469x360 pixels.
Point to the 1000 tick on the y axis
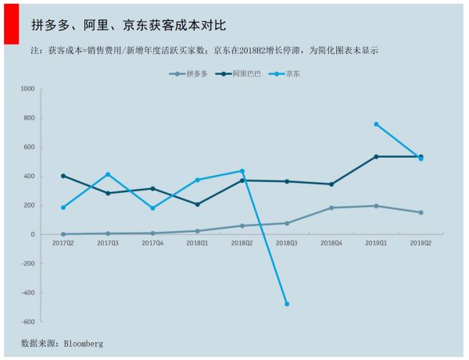(x=27, y=89)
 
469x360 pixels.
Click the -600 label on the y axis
(x=27, y=322)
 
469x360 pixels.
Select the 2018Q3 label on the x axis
(x=287, y=244)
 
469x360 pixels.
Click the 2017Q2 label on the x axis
(x=63, y=244)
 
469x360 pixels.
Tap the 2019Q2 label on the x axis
(x=421, y=244)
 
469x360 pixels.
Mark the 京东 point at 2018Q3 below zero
(x=287, y=304)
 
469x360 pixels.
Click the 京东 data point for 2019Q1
(x=376, y=124)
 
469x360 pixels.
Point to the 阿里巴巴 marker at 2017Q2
(x=63, y=176)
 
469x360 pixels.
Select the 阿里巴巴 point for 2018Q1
(x=197, y=205)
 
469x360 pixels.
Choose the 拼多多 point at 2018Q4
(x=331, y=208)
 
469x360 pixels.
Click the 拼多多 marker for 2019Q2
(x=421, y=212)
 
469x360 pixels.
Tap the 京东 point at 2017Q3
(x=108, y=174)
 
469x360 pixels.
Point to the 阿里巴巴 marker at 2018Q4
(x=331, y=184)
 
